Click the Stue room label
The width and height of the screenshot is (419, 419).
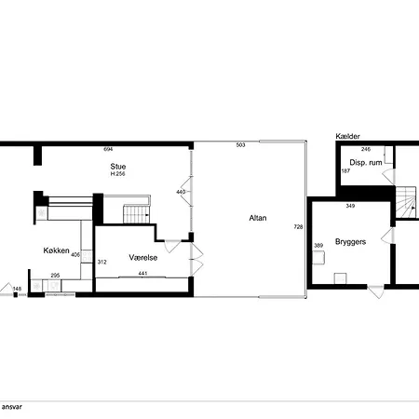(x=118, y=166)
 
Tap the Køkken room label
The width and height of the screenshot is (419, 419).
(x=56, y=250)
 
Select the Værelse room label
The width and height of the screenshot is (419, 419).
(x=143, y=257)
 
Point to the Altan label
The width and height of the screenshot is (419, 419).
(x=258, y=218)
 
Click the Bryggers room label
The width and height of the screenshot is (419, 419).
(x=350, y=242)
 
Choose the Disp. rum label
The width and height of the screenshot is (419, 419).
(x=366, y=162)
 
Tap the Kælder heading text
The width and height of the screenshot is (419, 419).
(x=347, y=136)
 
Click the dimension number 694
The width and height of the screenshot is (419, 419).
(x=108, y=149)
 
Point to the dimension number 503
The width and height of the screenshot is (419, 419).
(x=240, y=145)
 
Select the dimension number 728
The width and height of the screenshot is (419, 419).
(x=298, y=227)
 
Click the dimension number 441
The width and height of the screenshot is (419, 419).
(x=142, y=274)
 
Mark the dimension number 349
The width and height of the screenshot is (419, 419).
(x=350, y=206)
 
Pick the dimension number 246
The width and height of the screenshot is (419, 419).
(x=366, y=149)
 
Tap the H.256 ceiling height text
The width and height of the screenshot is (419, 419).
(x=118, y=174)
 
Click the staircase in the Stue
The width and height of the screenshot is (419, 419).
(x=137, y=214)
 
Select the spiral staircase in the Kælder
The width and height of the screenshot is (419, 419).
(x=406, y=202)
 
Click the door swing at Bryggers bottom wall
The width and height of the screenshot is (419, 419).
(x=376, y=291)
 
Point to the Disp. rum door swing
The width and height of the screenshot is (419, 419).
(x=388, y=177)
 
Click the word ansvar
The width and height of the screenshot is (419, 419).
(x=12, y=407)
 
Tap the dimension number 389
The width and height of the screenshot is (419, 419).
(x=318, y=246)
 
